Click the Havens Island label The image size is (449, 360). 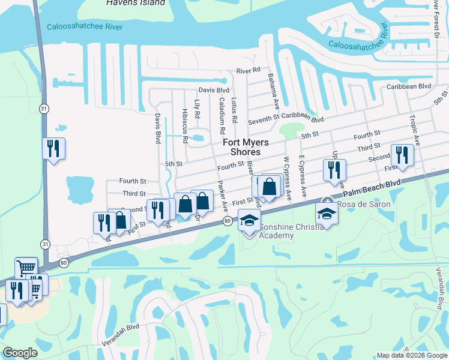(135, 3)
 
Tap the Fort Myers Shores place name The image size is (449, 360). (246, 147)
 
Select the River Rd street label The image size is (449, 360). (248, 70)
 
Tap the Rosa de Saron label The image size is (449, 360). (364, 204)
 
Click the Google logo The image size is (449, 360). (20, 353)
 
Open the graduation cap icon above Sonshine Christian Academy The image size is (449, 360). (249, 220)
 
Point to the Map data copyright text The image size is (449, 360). (412, 355)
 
